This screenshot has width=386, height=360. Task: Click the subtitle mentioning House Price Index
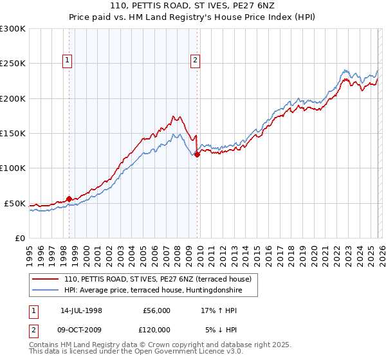(x=192, y=18)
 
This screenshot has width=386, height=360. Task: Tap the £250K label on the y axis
(x=13, y=64)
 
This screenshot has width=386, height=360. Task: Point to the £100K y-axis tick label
(x=13, y=168)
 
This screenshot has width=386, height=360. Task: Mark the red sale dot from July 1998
(x=69, y=199)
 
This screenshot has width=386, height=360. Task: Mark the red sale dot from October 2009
(x=197, y=154)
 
